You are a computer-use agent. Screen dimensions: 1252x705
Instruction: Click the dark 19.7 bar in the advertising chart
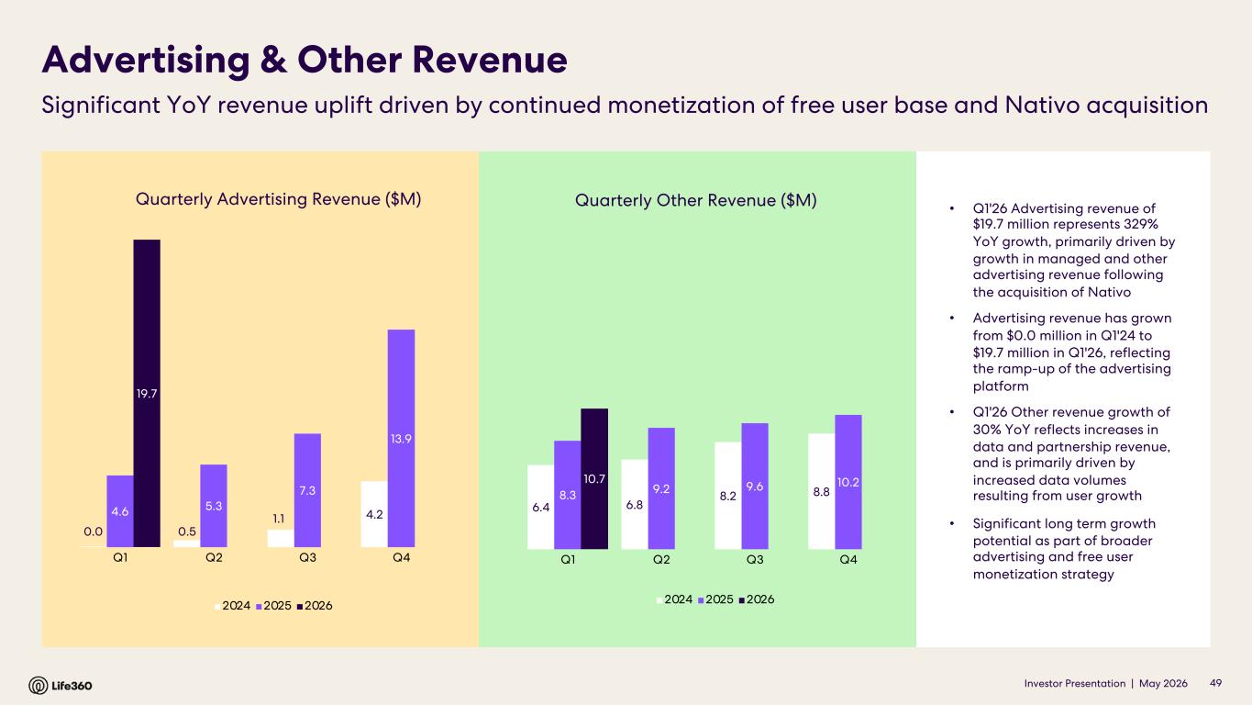click(x=147, y=393)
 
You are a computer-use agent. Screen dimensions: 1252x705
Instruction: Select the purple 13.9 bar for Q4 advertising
click(x=402, y=438)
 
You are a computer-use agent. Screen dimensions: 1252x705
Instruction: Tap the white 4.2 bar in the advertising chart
click(x=374, y=514)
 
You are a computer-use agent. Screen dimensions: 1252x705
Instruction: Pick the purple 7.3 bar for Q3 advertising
click(x=307, y=490)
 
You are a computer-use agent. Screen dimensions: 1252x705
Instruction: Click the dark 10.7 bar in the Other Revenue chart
click(x=594, y=479)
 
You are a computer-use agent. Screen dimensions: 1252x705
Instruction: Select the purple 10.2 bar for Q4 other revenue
click(x=848, y=482)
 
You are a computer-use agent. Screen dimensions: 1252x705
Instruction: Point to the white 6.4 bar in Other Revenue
click(x=540, y=507)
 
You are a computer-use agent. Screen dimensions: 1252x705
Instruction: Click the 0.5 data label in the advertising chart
click(x=187, y=532)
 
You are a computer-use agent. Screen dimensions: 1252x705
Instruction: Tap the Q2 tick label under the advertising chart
click(x=214, y=557)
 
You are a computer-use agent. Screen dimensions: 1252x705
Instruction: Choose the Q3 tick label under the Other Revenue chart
click(x=755, y=560)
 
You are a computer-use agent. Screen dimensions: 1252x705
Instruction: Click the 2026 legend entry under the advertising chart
click(x=315, y=606)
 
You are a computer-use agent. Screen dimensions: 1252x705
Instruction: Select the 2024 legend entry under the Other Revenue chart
click(x=675, y=599)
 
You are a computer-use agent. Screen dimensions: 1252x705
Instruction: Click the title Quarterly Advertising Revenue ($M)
click(x=278, y=199)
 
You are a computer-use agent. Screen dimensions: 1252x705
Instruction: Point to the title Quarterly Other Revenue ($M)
click(x=696, y=200)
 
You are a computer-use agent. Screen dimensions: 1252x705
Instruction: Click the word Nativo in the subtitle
click(x=1042, y=106)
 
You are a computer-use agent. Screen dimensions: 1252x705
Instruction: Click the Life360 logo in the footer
click(x=61, y=685)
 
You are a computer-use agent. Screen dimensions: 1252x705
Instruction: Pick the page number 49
click(x=1215, y=683)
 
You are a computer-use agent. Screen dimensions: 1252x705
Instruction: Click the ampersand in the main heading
click(x=273, y=60)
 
